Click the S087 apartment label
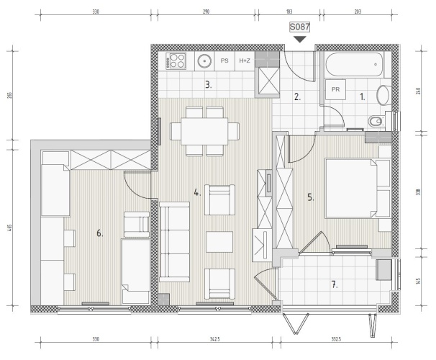[299, 27]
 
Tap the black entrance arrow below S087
[300, 40]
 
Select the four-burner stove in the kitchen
[176, 61]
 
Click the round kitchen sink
[204, 61]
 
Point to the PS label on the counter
[224, 60]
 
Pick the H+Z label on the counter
[245, 60]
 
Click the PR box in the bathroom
[335, 89]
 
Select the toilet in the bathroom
[377, 121]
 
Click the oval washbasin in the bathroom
[383, 95]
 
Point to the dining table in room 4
[204, 131]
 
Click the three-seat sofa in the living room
[174, 242]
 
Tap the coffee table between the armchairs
[219, 242]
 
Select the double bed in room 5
[358, 189]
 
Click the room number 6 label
[99, 233]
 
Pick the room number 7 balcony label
[335, 284]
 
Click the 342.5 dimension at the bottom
[215, 339]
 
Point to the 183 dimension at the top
[289, 12]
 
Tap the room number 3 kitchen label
[209, 84]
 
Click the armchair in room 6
[137, 225]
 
